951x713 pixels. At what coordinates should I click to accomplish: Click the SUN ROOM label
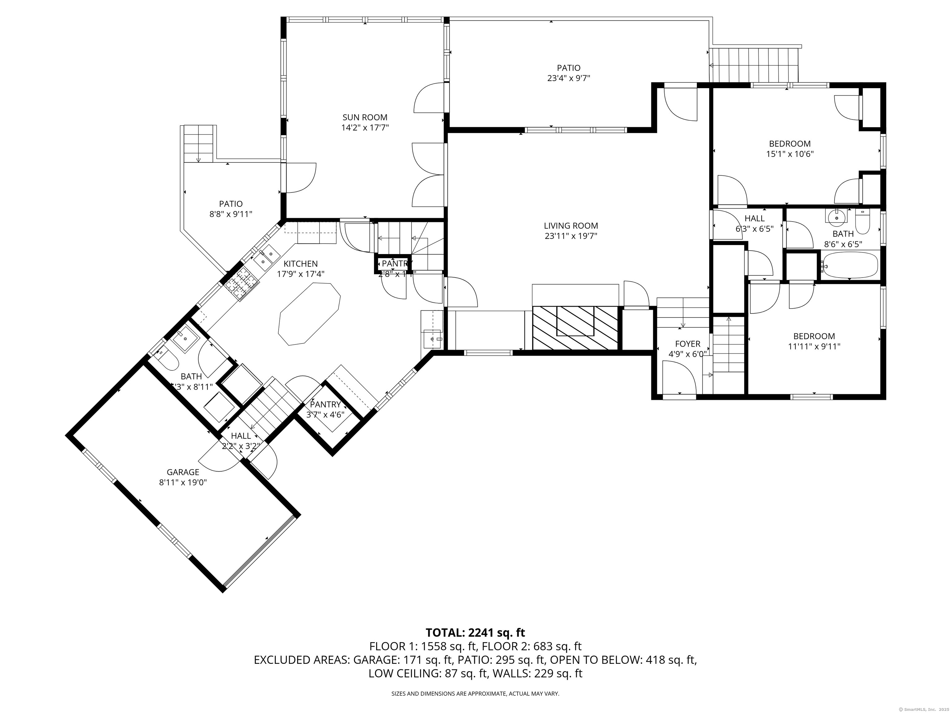(x=365, y=117)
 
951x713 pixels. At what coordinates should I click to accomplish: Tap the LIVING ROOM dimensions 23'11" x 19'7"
(x=571, y=236)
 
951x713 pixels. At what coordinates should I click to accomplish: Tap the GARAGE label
(x=183, y=472)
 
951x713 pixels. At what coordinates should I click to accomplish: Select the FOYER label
(x=688, y=344)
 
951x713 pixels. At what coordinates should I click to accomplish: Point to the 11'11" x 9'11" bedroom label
(x=814, y=336)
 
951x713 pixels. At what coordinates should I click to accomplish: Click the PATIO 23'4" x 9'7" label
(x=568, y=68)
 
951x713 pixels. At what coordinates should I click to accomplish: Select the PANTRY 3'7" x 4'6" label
(x=325, y=404)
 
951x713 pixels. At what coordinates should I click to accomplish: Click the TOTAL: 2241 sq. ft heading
(x=475, y=633)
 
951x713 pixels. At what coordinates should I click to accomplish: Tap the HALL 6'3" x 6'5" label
(x=754, y=218)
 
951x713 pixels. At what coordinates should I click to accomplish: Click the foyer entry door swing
(x=679, y=377)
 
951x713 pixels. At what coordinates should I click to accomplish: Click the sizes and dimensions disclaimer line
(x=475, y=693)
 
